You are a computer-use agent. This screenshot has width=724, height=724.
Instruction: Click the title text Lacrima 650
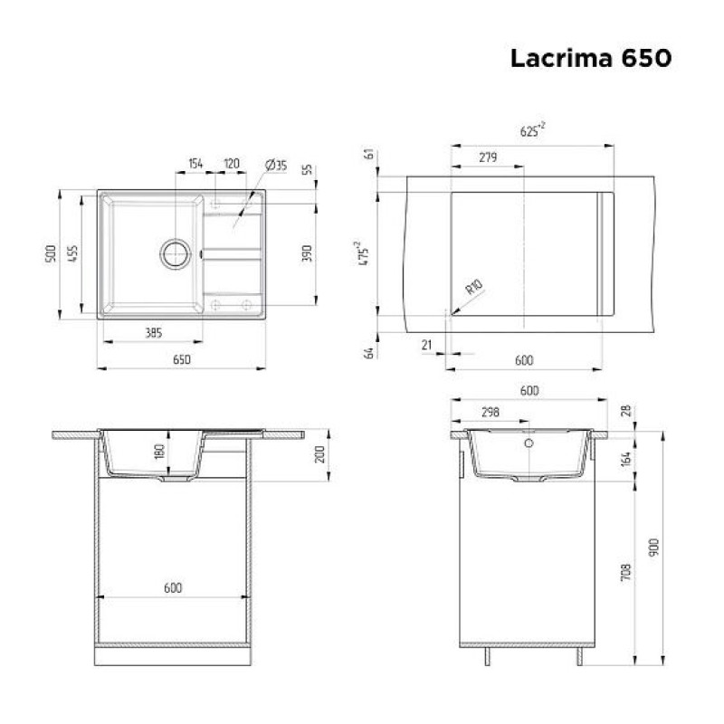[591, 58]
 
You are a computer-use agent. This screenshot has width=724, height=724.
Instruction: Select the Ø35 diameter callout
[276, 165]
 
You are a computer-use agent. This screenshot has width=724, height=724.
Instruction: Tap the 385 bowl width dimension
[154, 332]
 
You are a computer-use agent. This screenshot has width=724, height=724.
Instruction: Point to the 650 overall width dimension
[182, 359]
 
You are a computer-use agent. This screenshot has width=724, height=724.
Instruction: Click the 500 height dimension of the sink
[51, 254]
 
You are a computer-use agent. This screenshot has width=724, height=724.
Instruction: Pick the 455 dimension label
[73, 254]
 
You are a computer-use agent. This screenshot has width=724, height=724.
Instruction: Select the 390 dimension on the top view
[307, 253]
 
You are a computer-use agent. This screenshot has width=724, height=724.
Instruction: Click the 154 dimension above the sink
[195, 164]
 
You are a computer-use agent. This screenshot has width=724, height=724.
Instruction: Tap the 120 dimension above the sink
[232, 164]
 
